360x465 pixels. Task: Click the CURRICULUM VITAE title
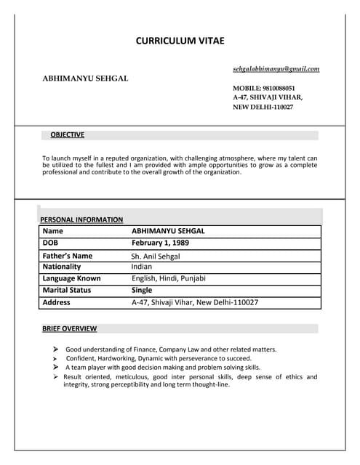click(x=180, y=41)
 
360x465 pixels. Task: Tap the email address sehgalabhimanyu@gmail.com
click(x=276, y=69)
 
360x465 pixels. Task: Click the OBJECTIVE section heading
click(x=68, y=134)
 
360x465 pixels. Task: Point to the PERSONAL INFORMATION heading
click(x=81, y=219)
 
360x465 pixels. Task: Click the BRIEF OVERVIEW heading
click(x=70, y=328)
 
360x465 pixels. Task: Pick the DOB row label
click(x=50, y=243)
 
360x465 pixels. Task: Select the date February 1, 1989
click(x=160, y=243)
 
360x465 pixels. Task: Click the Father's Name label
click(x=68, y=256)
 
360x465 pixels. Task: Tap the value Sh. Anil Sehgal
click(x=156, y=256)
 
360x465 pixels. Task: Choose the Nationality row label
click(x=62, y=267)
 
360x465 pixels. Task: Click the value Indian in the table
click(x=142, y=267)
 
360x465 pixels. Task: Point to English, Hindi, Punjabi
click(x=169, y=278)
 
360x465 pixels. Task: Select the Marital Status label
click(x=66, y=290)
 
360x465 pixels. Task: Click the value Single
click(x=142, y=290)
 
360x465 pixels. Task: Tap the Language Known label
click(x=72, y=278)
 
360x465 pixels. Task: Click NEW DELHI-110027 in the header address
click(x=263, y=107)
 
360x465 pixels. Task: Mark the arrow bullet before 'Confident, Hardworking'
click(x=55, y=359)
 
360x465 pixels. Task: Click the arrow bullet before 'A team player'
click(x=55, y=368)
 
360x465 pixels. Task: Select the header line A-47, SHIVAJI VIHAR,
click(x=268, y=97)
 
